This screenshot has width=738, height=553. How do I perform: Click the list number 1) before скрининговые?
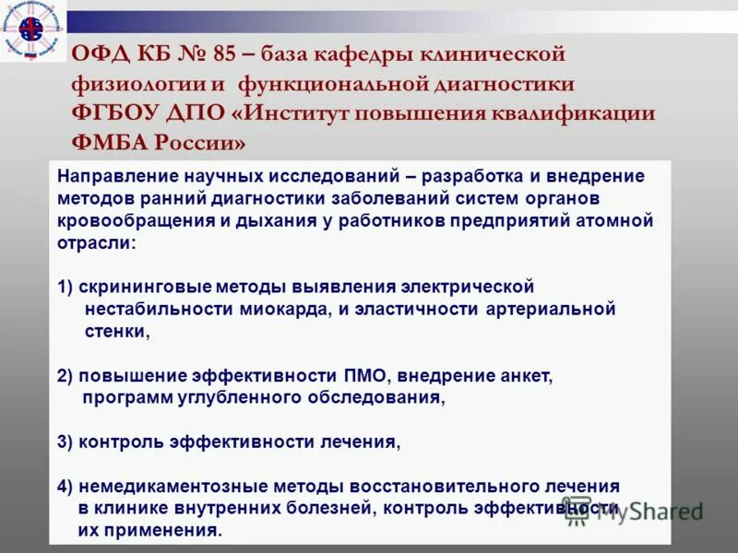coord(65,287)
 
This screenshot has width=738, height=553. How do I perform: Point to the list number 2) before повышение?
coord(65,376)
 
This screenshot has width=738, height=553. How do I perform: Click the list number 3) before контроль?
coord(65,441)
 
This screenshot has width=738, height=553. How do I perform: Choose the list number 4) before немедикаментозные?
coord(65,487)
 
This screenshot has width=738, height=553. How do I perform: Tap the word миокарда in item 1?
coord(282,310)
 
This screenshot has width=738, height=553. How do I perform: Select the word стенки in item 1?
coord(113,332)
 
